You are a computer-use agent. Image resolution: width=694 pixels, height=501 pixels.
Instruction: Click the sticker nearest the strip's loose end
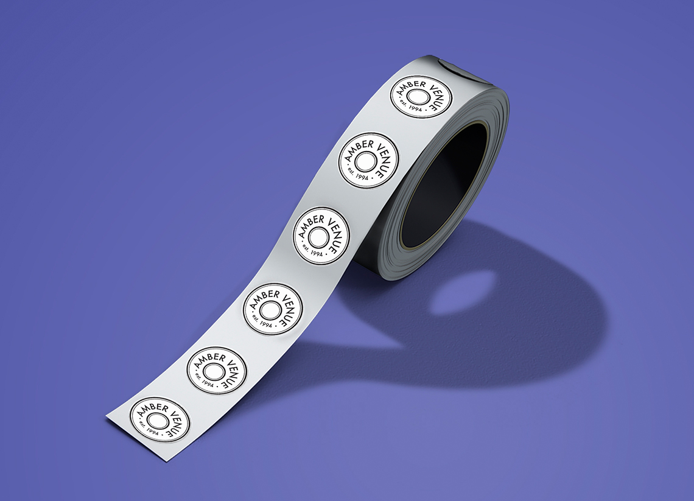(160, 419)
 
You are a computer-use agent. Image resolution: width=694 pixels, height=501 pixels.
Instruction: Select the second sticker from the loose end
(217, 370)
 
